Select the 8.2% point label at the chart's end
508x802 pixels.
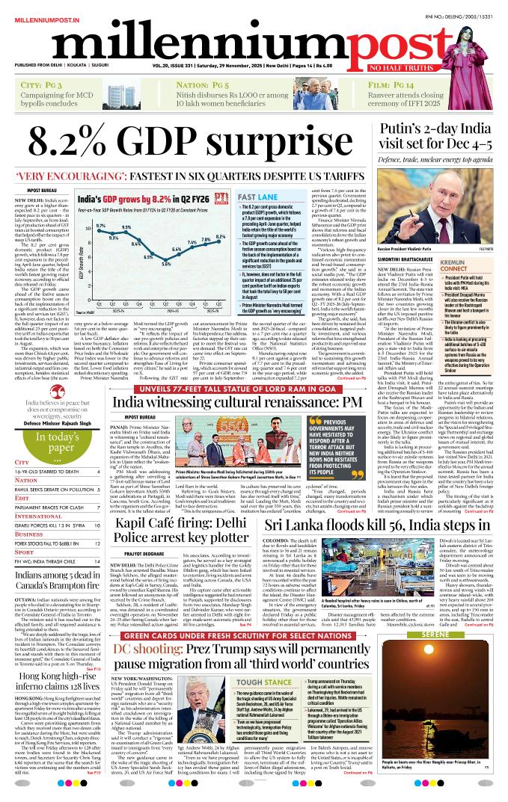[x=221, y=237]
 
